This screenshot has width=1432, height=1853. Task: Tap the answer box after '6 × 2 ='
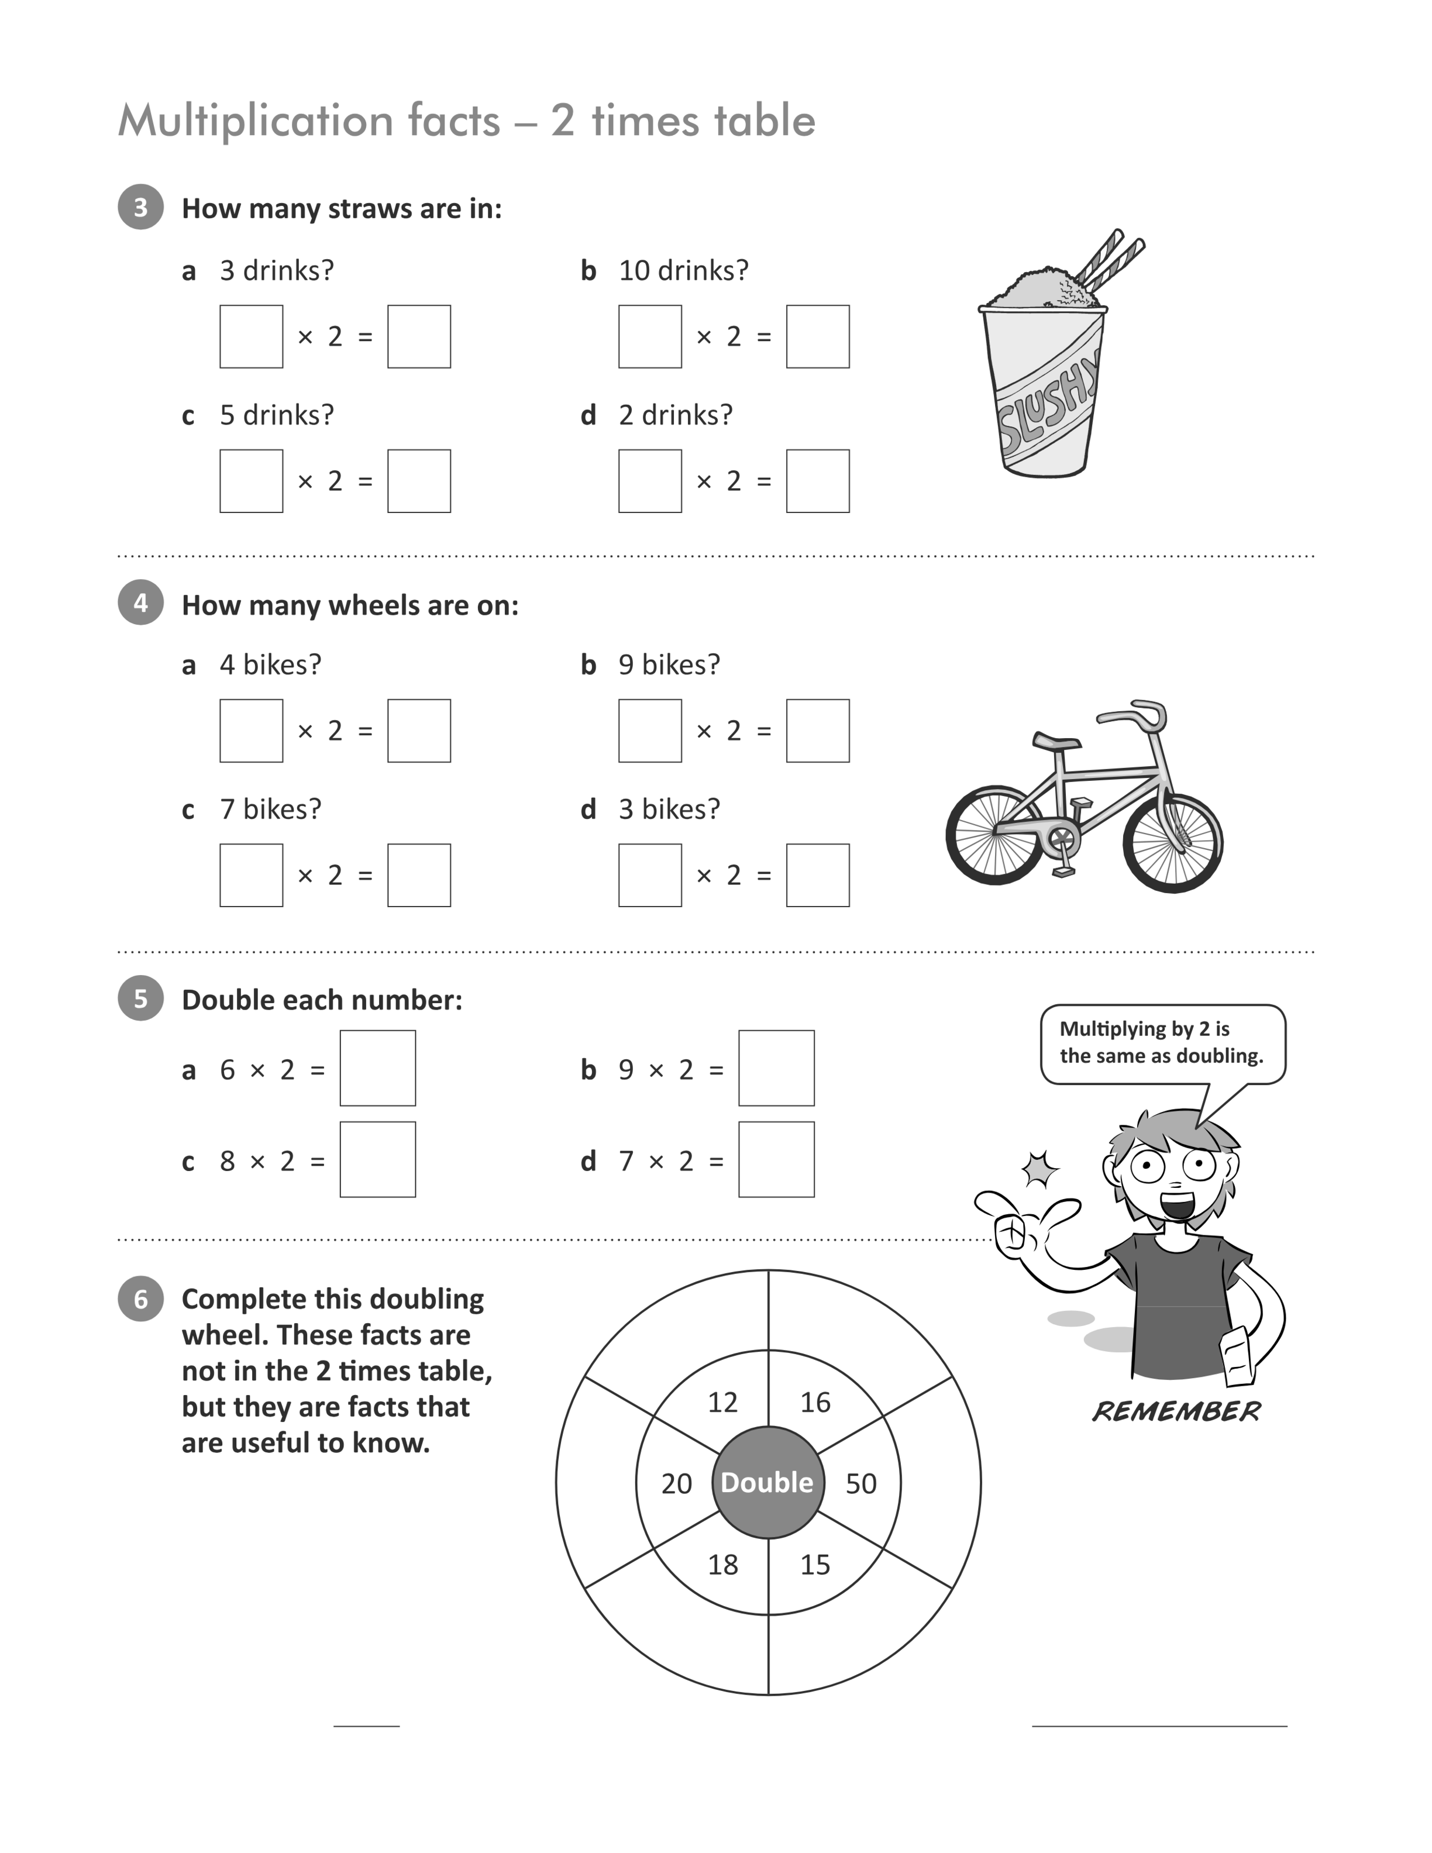(377, 1068)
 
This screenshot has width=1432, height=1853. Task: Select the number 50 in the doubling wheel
(861, 1484)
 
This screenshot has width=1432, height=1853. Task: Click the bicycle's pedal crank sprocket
(1061, 841)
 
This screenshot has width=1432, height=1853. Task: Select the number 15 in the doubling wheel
(815, 1565)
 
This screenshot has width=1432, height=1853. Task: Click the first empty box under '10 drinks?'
(650, 337)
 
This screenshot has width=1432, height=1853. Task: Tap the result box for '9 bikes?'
(818, 731)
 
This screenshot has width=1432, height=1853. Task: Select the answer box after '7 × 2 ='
(776, 1160)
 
